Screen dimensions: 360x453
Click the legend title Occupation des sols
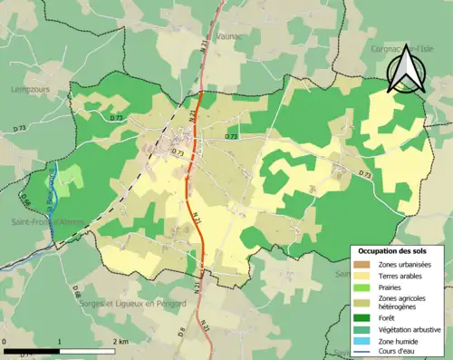pos(394,249)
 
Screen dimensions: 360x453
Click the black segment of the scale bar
pos(32,350)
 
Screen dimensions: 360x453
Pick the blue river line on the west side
pos(55,195)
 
